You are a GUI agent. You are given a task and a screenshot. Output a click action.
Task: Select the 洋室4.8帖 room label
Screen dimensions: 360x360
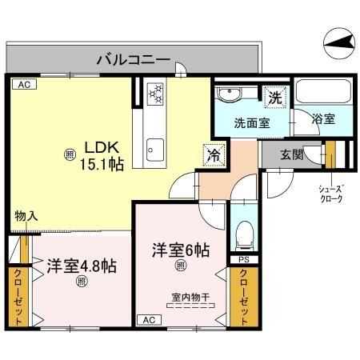point(81,265)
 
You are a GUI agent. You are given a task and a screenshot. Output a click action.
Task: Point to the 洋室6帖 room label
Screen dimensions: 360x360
point(182,250)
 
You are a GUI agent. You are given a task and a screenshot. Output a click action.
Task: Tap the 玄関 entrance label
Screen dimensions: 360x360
point(292,154)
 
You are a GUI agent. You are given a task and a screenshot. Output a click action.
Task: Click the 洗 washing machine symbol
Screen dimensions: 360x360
point(275,98)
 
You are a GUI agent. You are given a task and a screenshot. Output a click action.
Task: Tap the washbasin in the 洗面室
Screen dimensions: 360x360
point(231,95)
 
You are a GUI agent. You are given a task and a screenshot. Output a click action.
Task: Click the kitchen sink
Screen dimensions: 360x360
point(154,149)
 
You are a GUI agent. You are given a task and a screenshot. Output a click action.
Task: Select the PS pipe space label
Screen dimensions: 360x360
point(243,259)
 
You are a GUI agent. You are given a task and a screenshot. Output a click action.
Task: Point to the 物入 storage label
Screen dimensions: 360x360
point(26,216)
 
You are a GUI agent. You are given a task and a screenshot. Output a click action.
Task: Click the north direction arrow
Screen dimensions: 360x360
point(340,41)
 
